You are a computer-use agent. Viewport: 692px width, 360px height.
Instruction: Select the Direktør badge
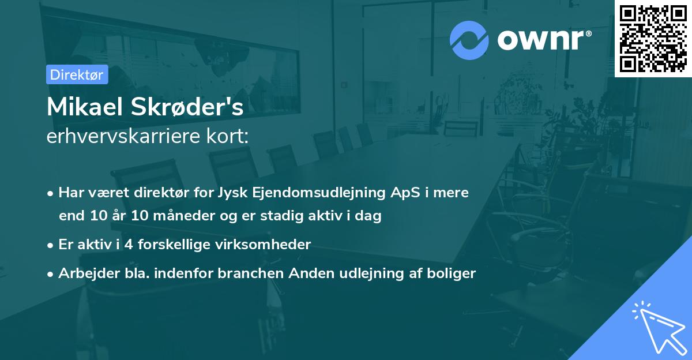(x=77, y=74)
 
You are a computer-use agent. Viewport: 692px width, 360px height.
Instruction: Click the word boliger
(x=452, y=273)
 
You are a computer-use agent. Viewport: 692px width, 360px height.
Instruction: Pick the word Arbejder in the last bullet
(x=84, y=273)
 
